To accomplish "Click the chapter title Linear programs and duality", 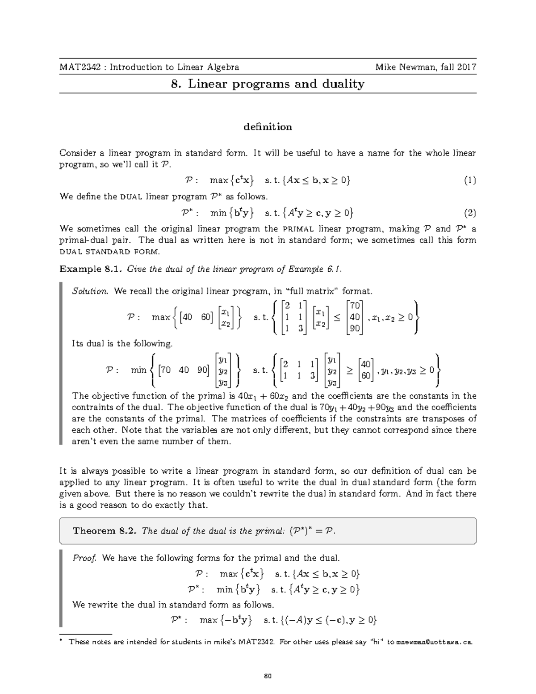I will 276,84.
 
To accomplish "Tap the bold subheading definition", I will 268,127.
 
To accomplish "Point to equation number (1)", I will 469,181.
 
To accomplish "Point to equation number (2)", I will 469,213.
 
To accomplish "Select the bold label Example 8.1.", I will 92,269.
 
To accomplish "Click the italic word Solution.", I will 90,292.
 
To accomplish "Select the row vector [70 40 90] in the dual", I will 184,370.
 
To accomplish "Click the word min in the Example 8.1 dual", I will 138,370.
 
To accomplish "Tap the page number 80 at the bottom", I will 268,676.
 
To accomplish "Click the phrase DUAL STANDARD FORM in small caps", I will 109,252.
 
